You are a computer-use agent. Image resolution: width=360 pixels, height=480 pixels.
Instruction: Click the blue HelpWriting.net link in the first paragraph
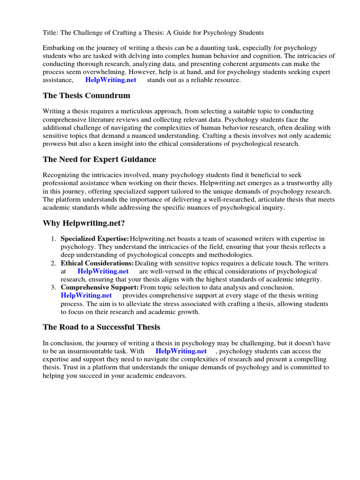[x=111, y=80]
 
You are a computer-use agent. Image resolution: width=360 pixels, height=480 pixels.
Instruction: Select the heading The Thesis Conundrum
[x=86, y=96]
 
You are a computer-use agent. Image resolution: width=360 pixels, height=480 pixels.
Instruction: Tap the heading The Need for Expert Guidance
[x=99, y=159]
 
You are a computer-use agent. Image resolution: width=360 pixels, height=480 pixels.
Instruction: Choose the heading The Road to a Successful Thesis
[x=101, y=327]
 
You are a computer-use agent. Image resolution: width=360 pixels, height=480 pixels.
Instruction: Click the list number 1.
[x=53, y=239]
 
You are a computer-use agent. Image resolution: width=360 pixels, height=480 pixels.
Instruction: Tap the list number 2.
[x=53, y=263]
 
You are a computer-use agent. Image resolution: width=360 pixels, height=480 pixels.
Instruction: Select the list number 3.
[x=53, y=287]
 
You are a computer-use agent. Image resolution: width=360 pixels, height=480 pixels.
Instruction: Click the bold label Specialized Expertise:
[x=95, y=239]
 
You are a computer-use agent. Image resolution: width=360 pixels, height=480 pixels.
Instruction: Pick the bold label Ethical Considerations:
[x=97, y=263]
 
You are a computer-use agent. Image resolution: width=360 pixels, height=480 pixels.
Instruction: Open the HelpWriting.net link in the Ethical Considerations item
[x=103, y=271]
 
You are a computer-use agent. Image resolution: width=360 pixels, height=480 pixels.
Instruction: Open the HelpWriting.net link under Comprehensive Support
[x=86, y=295]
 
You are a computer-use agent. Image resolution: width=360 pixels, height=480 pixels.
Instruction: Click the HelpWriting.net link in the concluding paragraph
[x=181, y=351]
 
